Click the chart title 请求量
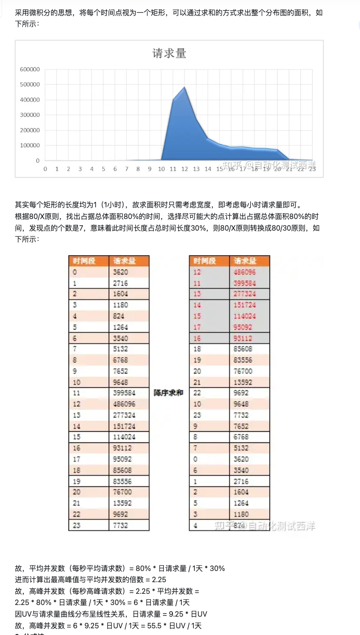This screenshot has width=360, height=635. click(169, 53)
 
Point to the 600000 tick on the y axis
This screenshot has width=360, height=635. click(30, 69)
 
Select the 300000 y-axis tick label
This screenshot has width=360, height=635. click(30, 115)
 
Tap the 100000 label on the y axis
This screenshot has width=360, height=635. click(30, 146)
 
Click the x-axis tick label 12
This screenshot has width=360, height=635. click(184, 169)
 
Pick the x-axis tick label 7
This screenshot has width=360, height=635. click(126, 169)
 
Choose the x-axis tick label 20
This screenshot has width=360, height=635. click(277, 169)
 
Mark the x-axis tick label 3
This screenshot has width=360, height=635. click(80, 169)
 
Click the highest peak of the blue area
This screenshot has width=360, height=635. click(184, 87)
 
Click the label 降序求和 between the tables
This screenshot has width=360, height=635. click(169, 393)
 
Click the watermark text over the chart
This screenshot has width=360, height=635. click(269, 165)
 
